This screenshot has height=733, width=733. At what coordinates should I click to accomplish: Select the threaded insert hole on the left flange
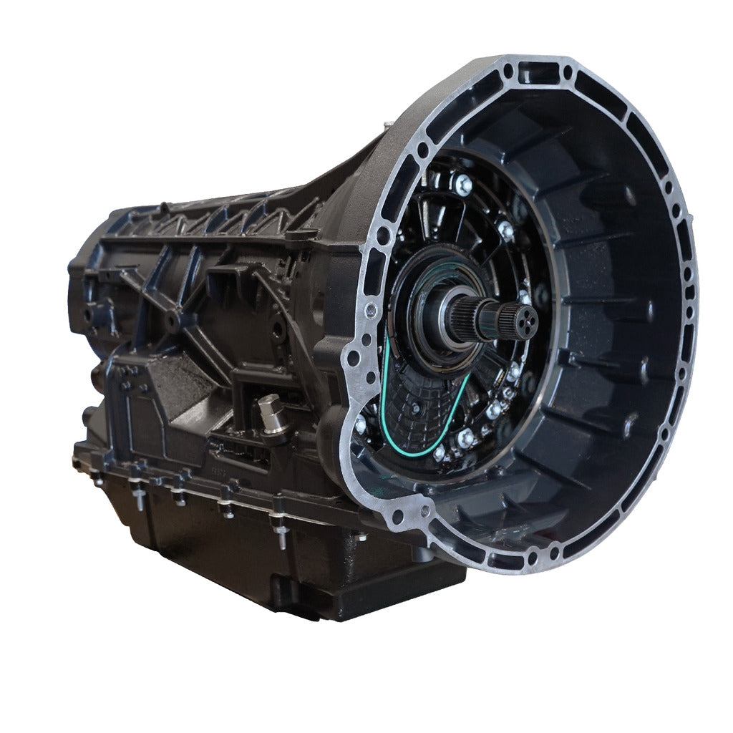370,309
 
